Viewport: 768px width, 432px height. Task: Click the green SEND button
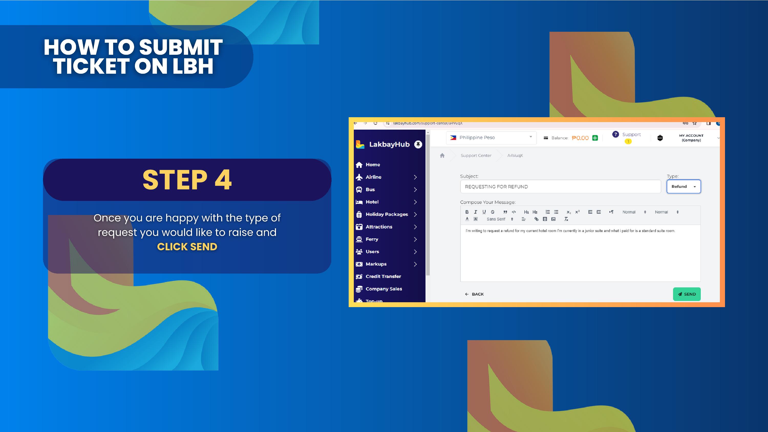(687, 294)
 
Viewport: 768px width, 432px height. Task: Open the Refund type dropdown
(684, 187)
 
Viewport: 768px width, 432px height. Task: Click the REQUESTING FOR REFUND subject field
(560, 187)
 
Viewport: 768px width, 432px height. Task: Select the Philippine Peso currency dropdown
(491, 138)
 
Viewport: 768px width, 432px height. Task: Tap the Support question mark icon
(615, 134)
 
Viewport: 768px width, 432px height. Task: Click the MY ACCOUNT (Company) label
(691, 138)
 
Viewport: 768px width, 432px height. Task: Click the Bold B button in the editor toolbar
(467, 212)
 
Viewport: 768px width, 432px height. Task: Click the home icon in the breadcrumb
(442, 155)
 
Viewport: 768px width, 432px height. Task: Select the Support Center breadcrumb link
(476, 156)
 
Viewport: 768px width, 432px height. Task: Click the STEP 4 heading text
(187, 180)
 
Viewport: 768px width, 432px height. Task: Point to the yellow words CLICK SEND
(187, 247)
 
